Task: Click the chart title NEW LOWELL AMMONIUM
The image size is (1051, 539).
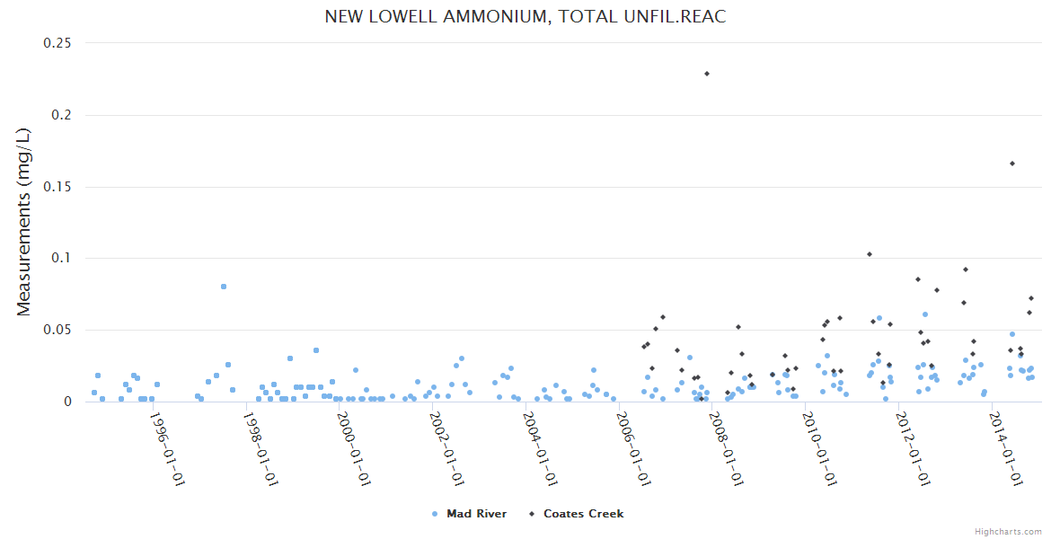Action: click(525, 17)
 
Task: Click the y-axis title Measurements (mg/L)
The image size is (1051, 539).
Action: click(24, 222)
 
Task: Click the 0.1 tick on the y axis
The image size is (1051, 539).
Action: click(62, 258)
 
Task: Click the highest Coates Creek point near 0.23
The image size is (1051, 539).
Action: click(707, 74)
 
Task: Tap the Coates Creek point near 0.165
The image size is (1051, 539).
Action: click(1012, 163)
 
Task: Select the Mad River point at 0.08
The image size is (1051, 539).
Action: click(224, 287)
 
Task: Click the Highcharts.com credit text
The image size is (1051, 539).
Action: click(1008, 531)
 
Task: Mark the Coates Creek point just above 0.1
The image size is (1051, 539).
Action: click(870, 254)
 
